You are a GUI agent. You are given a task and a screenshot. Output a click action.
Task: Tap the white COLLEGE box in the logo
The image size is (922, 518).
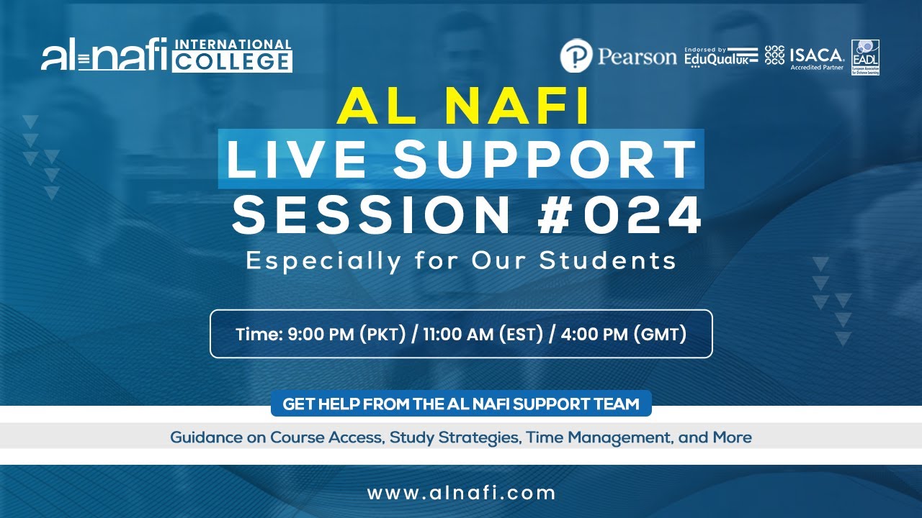(x=232, y=62)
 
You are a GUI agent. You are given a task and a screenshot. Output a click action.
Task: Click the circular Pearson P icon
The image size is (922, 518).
(x=576, y=56)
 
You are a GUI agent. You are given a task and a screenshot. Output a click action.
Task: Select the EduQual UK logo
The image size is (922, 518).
(x=721, y=56)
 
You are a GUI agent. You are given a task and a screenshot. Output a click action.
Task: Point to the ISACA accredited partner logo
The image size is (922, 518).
(x=805, y=56)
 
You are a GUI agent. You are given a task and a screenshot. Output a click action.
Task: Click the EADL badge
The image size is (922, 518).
(x=865, y=57)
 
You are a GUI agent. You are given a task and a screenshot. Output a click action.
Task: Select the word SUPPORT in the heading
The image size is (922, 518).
(x=545, y=160)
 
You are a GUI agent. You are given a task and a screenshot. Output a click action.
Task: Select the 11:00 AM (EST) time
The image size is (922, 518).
(x=480, y=335)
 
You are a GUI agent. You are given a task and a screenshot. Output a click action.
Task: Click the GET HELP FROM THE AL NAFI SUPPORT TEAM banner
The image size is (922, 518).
(x=461, y=404)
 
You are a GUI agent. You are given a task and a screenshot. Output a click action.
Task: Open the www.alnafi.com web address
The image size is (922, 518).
(x=461, y=493)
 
